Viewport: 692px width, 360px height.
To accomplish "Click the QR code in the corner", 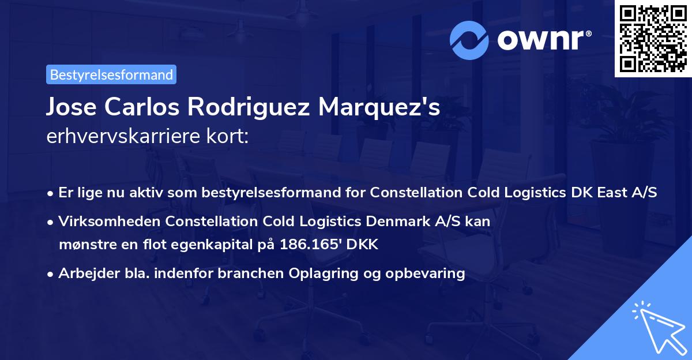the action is click(653, 39).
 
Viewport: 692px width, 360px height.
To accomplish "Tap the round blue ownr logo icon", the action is click(469, 40).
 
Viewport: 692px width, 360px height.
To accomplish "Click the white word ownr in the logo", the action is click(540, 40).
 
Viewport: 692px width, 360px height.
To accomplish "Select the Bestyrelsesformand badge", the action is click(111, 74).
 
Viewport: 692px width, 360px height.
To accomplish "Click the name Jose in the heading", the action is click(72, 107).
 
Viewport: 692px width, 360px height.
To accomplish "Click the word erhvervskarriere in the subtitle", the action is click(123, 136).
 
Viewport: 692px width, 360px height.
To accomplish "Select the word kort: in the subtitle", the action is click(228, 136).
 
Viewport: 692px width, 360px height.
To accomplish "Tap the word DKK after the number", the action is click(362, 245).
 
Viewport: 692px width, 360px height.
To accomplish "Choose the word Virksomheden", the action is click(109, 222).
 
